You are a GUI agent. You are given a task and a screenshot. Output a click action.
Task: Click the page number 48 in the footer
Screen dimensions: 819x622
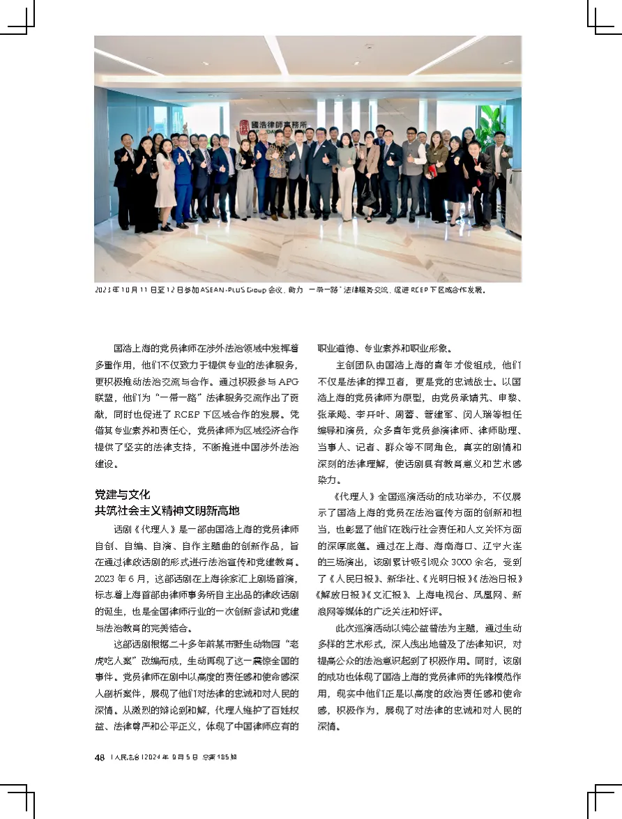(100, 758)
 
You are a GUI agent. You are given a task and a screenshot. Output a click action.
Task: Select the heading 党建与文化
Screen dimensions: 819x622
(123, 494)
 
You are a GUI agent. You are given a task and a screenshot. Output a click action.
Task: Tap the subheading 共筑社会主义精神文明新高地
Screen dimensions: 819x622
(167, 510)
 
